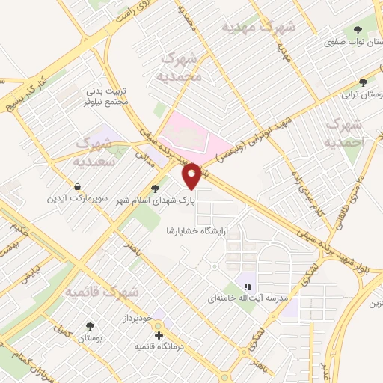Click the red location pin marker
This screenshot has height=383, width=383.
click(192, 177)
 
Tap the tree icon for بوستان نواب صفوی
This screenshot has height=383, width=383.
click(358, 30)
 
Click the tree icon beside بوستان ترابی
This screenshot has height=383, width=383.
click(364, 83)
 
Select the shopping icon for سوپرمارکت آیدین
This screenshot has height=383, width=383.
click(78, 187)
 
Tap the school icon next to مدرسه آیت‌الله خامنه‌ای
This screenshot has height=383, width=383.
click(247, 286)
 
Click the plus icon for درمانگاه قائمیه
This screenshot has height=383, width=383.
click(159, 336)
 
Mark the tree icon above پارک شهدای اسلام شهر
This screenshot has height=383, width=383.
click(155, 189)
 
